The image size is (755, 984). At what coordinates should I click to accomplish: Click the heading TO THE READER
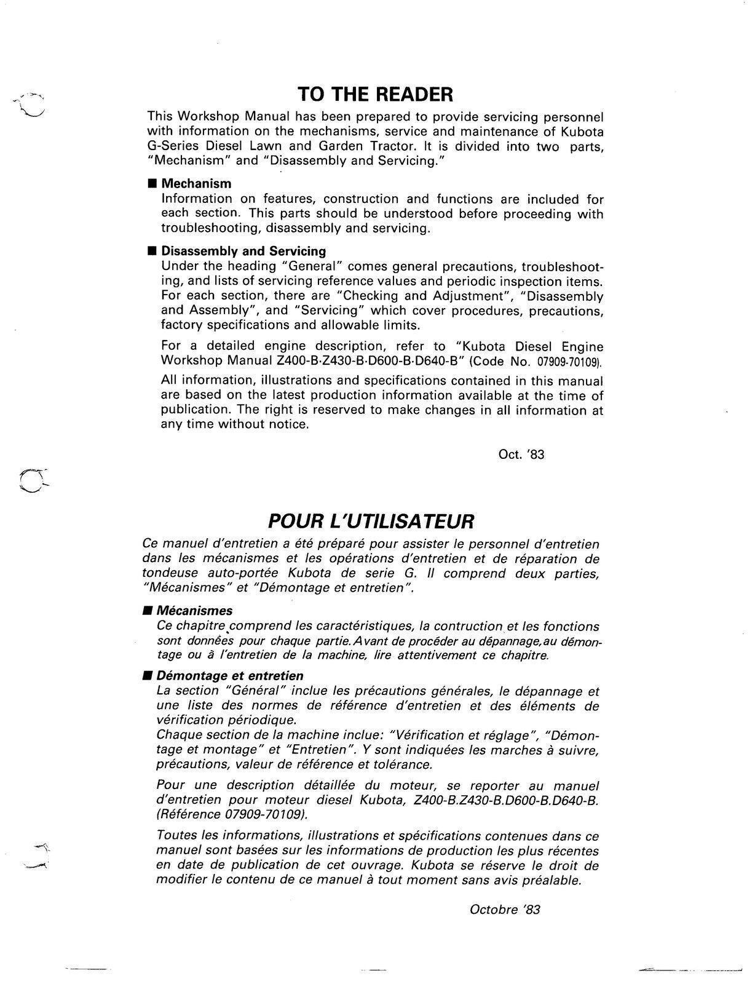pos(375,94)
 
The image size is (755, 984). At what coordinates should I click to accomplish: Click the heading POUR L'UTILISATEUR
pos(371,521)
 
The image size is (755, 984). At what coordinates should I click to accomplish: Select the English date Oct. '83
pos(521,454)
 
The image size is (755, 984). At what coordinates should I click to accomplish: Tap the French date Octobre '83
pos(505,909)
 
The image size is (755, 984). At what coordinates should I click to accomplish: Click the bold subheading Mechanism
pos(196,183)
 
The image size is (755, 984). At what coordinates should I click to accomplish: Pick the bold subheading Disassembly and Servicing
pos(243,251)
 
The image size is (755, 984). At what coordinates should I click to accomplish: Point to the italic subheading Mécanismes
pos(194,611)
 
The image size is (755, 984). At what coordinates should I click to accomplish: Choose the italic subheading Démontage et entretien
pos(230,676)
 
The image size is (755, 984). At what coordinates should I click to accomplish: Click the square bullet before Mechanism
pos(152,184)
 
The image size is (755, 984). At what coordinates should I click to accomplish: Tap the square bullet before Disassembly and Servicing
pos(152,252)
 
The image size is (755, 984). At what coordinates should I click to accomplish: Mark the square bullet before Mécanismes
pos(147,611)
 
